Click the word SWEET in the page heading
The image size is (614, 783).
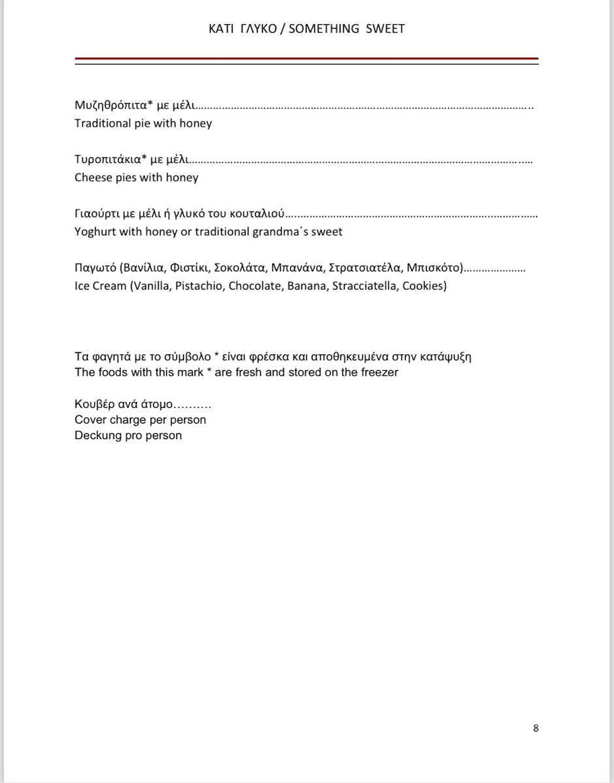point(385,29)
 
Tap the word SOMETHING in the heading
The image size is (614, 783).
point(324,29)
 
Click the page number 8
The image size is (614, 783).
point(536,728)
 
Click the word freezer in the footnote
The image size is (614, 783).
point(379,373)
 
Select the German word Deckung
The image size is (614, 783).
point(98,435)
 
